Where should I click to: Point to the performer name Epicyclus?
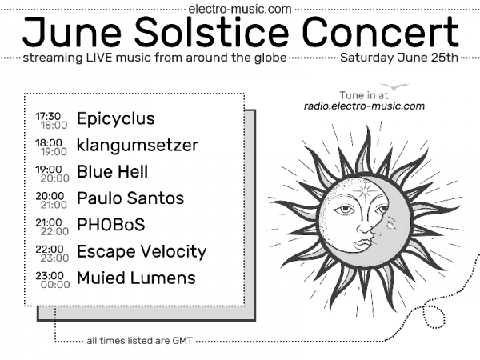(115, 119)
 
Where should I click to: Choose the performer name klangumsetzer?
(137, 146)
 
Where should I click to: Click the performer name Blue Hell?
(112, 172)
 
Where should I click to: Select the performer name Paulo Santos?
(130, 198)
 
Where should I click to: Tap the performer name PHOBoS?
(110, 225)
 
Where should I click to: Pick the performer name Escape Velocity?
(141, 251)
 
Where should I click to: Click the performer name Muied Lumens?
(136, 278)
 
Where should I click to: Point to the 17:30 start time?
(48, 115)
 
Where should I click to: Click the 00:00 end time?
(54, 284)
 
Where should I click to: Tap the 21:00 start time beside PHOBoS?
(48, 221)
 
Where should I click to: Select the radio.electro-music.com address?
(364, 106)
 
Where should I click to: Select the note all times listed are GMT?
(140, 341)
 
